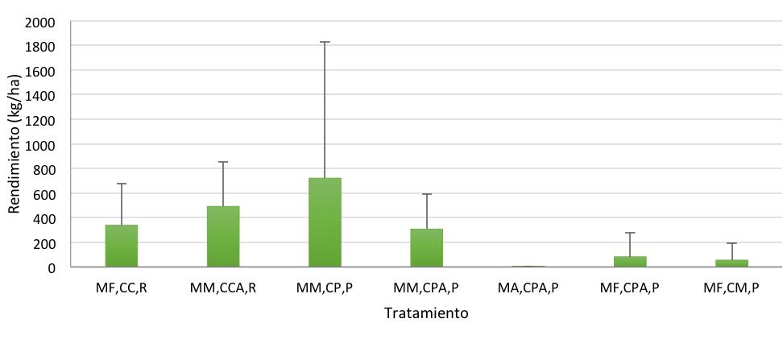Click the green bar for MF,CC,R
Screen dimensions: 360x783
pos(121,246)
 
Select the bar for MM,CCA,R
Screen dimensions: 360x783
pos(223,236)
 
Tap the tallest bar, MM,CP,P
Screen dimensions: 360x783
pos(325,222)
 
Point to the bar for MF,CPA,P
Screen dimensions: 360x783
pos(630,261)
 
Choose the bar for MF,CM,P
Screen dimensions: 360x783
pos(731,263)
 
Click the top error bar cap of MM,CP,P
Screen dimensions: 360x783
pos(325,42)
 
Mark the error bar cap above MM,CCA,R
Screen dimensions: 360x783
pos(223,162)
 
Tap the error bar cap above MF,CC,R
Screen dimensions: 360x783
pos(121,184)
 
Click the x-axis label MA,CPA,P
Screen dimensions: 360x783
pos(528,288)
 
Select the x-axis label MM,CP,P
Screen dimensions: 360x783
pos(325,288)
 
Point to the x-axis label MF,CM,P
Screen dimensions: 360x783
pos(731,288)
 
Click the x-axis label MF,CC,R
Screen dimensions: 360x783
pos(121,288)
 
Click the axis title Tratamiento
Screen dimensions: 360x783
pos(426,312)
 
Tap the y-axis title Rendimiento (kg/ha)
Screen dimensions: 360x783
pos(14,144)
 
